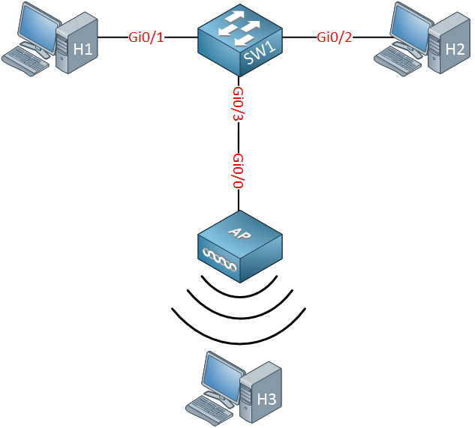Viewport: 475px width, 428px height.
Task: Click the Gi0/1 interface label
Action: (146, 37)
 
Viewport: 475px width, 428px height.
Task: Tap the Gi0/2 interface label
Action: (335, 37)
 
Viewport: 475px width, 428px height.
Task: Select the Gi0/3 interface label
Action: (238, 104)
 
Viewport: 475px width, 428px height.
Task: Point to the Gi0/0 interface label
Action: (238, 171)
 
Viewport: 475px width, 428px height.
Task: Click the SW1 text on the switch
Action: (260, 53)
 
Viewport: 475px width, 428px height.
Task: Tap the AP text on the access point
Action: (239, 233)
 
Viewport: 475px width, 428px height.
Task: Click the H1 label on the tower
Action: (83, 49)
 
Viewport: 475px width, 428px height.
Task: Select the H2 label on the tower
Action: (455, 49)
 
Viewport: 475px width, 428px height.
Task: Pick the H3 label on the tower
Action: (266, 399)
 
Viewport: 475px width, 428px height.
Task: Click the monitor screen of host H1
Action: (38, 27)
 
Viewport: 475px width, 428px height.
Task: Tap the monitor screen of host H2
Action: (411, 27)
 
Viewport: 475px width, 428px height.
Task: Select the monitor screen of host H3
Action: (223, 377)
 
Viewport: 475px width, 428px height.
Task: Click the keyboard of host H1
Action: (26, 61)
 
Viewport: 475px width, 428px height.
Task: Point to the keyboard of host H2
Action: (398, 61)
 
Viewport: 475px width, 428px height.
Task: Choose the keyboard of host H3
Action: (209, 411)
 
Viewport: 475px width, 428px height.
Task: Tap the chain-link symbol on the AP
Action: (220, 259)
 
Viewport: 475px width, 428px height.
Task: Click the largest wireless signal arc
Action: (239, 343)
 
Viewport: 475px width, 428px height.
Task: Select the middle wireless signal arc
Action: (239, 318)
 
